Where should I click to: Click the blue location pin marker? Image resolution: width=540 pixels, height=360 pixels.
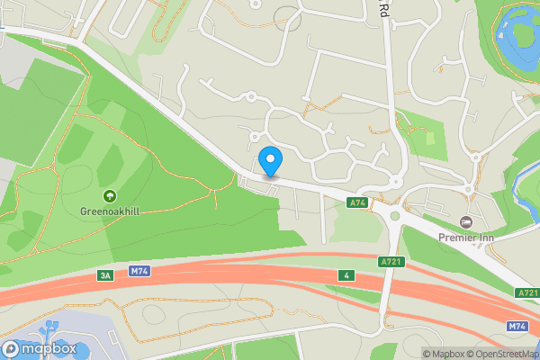click(270, 161)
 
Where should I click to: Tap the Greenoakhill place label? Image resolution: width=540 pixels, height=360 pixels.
click(110, 211)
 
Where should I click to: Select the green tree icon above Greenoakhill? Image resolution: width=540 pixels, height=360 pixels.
click(110, 195)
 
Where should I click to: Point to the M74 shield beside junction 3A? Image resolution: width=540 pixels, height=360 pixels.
click(139, 271)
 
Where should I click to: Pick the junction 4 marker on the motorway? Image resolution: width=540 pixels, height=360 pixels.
click(346, 274)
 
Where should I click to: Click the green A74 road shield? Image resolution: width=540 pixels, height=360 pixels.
click(357, 203)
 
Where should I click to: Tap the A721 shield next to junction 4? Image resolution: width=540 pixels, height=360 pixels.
click(391, 260)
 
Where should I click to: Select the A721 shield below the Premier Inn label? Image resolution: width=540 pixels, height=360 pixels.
click(527, 293)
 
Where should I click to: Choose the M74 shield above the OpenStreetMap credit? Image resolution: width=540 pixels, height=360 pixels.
click(517, 326)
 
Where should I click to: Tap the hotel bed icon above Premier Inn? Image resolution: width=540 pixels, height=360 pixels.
click(465, 221)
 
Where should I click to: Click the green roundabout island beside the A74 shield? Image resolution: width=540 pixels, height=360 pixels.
click(393, 213)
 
